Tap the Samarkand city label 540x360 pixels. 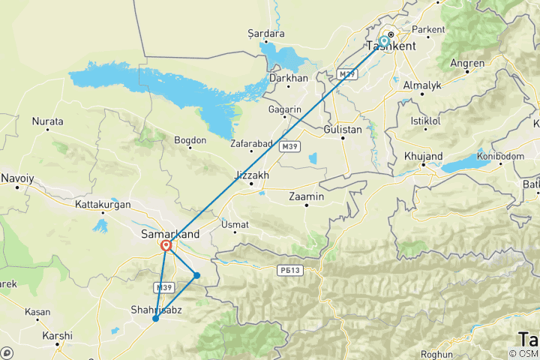point(170,234)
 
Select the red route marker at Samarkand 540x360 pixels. point(166,245)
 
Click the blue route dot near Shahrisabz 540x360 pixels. point(155,319)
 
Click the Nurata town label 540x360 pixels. point(47,121)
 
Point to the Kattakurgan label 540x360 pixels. point(103,204)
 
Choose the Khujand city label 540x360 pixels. point(423,156)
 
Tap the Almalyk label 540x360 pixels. point(423,85)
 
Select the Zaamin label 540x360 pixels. point(306,196)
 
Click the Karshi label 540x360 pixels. point(58,335)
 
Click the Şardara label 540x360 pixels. point(266,34)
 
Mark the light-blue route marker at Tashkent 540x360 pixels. point(384,41)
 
